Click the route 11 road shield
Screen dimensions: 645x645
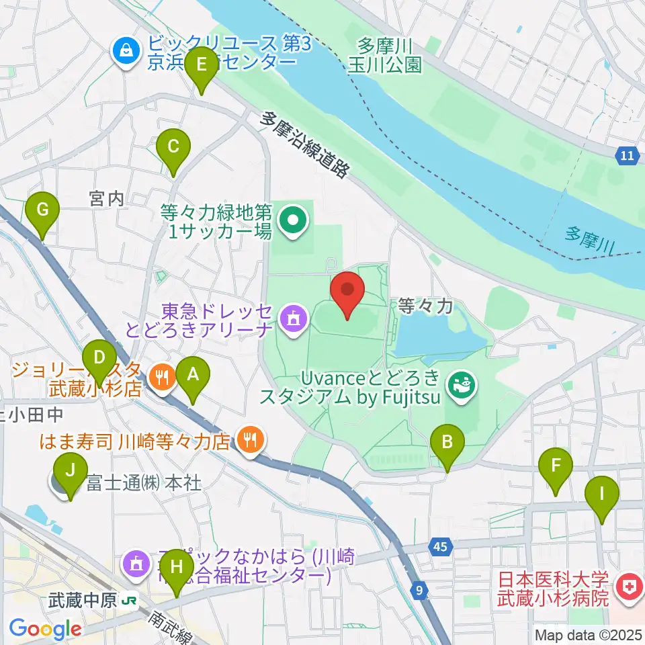(x=626, y=156)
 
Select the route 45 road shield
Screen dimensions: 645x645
(x=439, y=547)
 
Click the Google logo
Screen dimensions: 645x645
(x=46, y=629)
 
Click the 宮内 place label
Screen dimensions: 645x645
(x=107, y=199)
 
